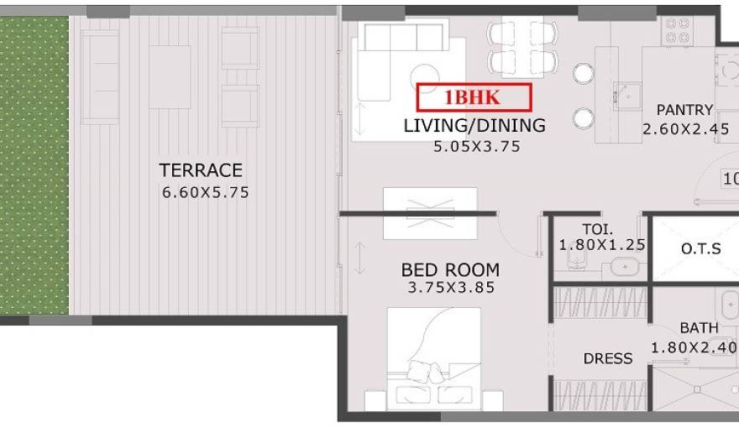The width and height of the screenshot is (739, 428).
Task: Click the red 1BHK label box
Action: pos(474,97)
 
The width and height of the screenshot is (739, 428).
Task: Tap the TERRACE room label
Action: pos(201,170)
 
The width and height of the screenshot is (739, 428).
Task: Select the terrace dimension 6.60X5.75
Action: pos(205,192)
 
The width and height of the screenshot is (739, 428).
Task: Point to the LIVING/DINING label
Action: pos(474,126)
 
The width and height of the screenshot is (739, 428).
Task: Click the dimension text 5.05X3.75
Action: pos(476,146)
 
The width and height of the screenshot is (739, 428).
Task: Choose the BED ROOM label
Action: pos(450,270)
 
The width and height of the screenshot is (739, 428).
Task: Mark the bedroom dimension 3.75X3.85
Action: pos(452,288)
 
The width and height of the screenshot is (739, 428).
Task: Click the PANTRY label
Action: pos(684,110)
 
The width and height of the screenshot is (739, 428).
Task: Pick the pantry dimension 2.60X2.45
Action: pos(685,129)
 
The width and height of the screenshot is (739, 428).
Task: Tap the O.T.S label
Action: pos(698,248)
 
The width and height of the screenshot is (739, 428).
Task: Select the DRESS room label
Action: pos(608,358)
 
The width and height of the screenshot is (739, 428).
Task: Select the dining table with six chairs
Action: pos(522,47)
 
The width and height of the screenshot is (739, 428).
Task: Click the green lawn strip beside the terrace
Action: pos(34,164)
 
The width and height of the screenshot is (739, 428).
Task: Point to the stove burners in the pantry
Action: pos(677,30)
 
